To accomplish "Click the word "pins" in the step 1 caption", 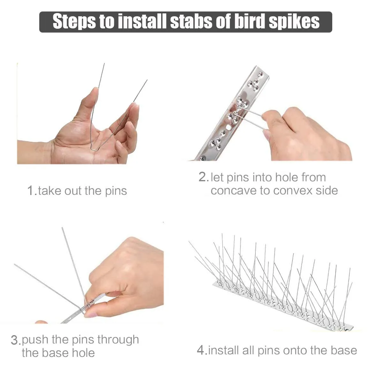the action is pos(116,191).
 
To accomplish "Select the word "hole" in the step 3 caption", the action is pos(83,353).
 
